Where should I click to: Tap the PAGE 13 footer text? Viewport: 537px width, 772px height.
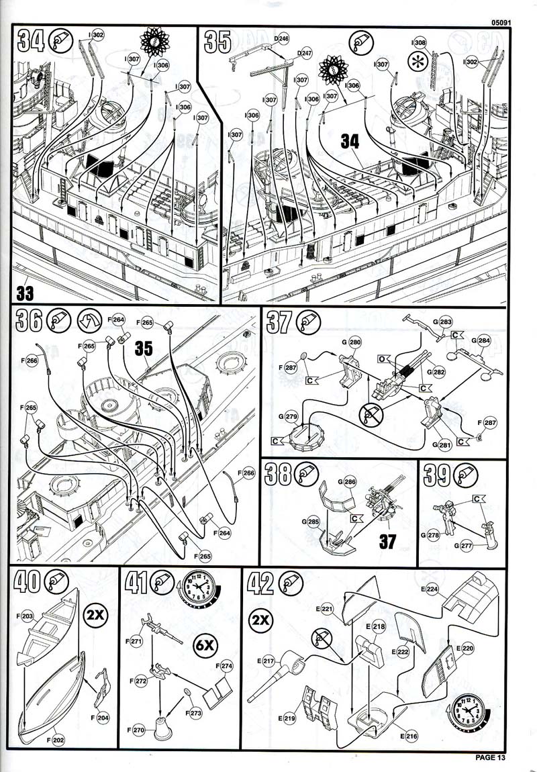(x=490, y=758)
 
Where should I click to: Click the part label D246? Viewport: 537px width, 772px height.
(x=282, y=39)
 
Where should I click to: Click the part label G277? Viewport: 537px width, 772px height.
(x=464, y=546)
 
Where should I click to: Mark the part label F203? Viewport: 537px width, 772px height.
(x=26, y=614)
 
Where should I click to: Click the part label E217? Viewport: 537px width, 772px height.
(x=268, y=661)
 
